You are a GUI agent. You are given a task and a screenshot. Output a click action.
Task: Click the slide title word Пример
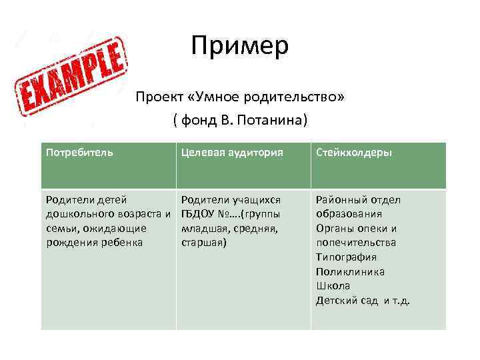coord(239,46)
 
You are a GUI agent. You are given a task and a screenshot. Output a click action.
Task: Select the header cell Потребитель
coord(79,152)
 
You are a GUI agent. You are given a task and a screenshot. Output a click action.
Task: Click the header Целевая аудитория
coord(232,152)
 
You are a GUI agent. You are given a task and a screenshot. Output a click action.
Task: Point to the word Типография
coord(346,257)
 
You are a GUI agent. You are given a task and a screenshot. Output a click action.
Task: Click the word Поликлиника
coord(350,271)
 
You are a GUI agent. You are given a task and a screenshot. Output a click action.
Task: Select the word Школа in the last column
coord(333,285)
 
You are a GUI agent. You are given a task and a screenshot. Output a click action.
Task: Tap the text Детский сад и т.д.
coord(363,300)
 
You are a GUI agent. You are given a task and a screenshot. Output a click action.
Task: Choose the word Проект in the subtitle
coord(159,97)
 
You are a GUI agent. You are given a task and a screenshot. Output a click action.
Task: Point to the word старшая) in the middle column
coord(204,243)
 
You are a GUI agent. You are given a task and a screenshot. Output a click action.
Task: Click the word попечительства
coord(355,243)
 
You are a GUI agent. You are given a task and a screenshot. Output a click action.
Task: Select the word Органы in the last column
coord(334,229)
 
